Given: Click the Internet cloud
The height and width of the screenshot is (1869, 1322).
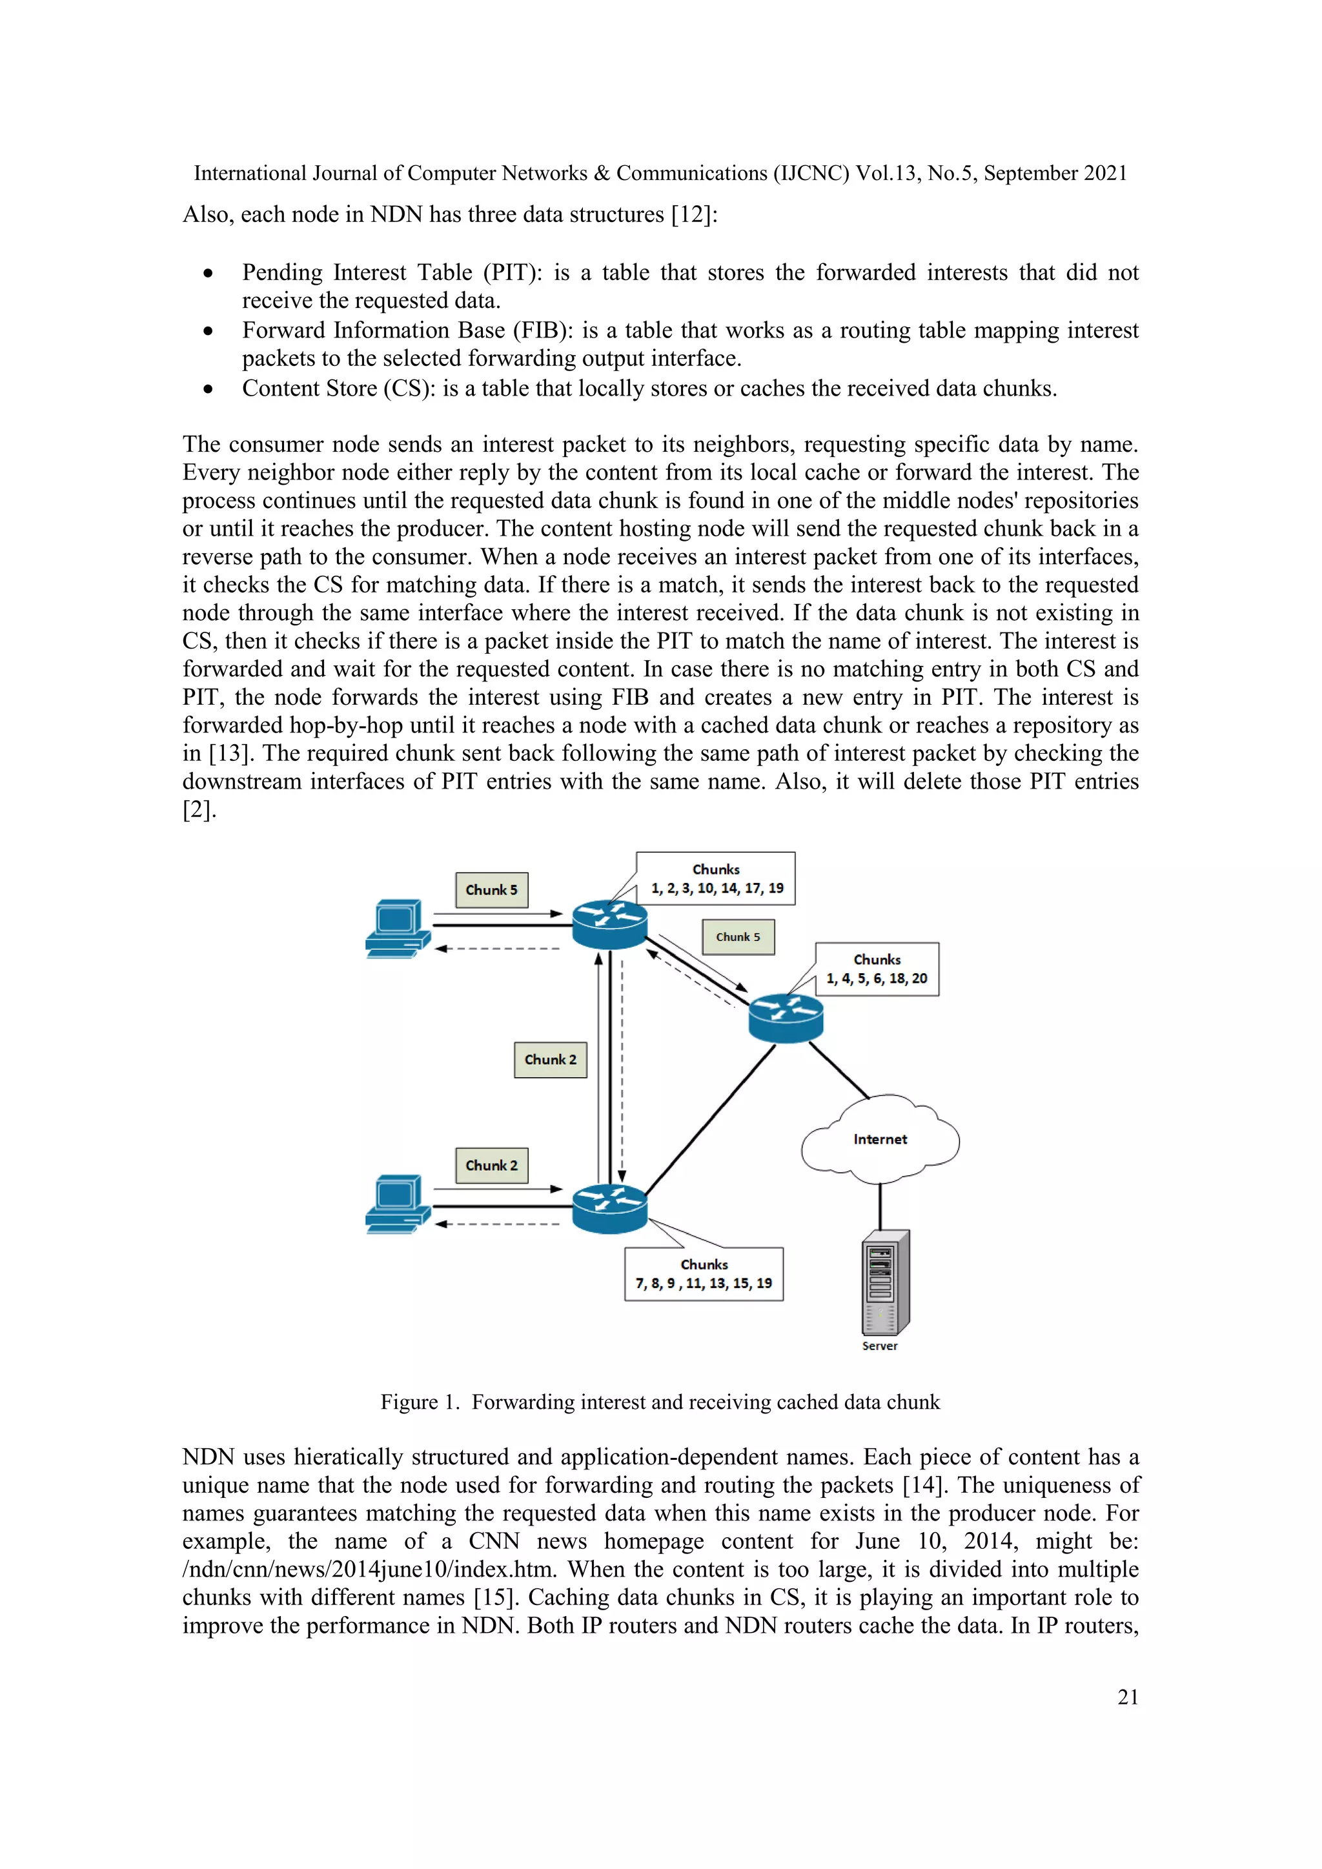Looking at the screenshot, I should coord(880,1139).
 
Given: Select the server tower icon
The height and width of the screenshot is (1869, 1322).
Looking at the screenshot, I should coord(885,1282).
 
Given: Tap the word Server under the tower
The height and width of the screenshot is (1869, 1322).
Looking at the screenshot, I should coord(880,1346).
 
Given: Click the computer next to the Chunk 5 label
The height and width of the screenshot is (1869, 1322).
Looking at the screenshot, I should coord(397,929).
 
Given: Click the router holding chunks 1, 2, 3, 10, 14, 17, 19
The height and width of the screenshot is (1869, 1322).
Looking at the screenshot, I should coord(610,925).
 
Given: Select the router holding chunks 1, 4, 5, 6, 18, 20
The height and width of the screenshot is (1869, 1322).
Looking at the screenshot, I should coord(786,1018).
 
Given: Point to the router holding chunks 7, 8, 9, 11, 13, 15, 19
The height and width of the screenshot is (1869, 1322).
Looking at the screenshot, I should coord(610,1209).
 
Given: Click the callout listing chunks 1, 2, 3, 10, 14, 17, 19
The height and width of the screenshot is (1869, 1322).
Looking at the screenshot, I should coord(715,879).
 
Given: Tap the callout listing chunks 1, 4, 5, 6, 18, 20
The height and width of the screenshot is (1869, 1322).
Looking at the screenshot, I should coord(877,969).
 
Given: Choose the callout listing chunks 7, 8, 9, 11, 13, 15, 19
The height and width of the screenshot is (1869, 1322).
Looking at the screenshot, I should coord(704,1274).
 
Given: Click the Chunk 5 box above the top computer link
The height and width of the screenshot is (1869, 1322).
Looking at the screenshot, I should coord(492,890).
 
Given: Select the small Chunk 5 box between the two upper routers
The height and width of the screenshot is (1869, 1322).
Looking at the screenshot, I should coord(738,937).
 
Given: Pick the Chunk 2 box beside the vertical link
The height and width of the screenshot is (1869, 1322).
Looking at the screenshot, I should coord(550,1060).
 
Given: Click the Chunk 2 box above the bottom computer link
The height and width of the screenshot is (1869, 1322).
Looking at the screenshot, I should coord(492,1166).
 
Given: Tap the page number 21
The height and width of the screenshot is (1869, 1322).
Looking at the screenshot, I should coord(1128,1697).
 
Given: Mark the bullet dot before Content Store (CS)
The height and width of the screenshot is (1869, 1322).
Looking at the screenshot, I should coord(209,390).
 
